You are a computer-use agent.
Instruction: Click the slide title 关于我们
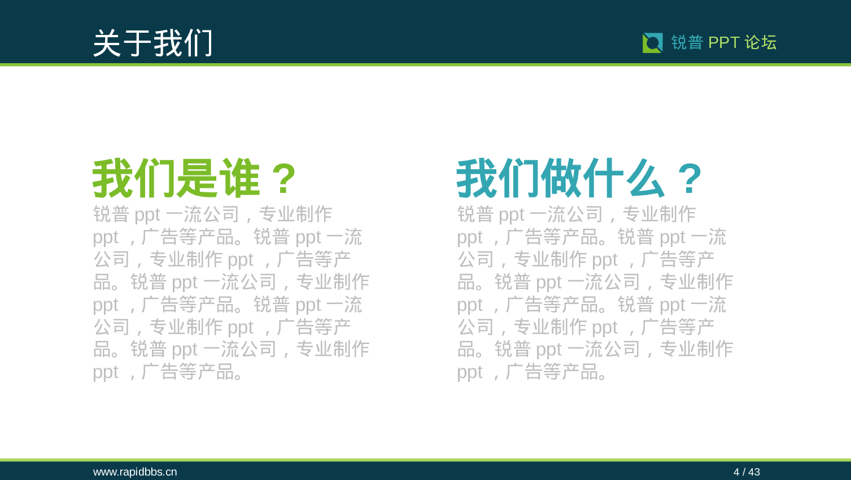(x=152, y=43)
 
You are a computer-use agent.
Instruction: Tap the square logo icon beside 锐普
(x=652, y=43)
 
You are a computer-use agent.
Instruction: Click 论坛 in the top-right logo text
(x=761, y=42)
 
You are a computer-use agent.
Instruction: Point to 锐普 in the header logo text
(x=687, y=42)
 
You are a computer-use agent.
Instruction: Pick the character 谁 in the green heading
(x=239, y=179)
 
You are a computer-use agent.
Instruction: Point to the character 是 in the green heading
(x=198, y=179)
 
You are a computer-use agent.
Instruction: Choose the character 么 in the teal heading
(x=644, y=179)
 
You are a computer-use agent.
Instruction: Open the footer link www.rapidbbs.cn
(x=135, y=472)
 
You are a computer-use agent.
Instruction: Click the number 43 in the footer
(x=754, y=472)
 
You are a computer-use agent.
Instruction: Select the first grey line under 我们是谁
(x=212, y=215)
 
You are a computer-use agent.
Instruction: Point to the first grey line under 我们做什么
(x=576, y=215)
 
